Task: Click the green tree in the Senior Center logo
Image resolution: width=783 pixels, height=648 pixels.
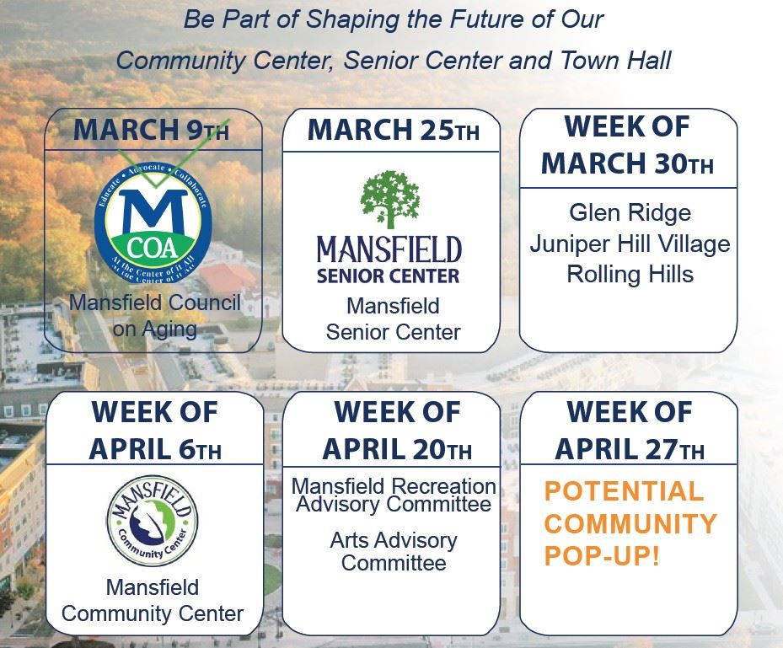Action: click(389, 199)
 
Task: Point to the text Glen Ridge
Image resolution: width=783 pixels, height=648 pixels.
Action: click(630, 212)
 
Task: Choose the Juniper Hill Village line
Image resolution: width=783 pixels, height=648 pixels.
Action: click(630, 244)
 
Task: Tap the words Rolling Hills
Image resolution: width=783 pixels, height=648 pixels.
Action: click(630, 275)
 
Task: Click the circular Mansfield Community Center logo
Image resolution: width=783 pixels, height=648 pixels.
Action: click(153, 523)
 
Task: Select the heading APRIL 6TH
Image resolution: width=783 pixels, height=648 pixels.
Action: click(154, 447)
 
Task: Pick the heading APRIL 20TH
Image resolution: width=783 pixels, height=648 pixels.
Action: click(397, 447)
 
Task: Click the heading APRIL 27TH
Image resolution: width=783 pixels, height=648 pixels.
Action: click(630, 447)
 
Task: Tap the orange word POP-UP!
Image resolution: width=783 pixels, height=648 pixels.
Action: click(602, 557)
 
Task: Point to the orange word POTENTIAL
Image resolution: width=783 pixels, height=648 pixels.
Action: click(624, 491)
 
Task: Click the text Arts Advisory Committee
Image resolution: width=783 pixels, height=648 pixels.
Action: click(394, 550)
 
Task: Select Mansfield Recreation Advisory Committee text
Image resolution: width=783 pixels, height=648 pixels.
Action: click(394, 495)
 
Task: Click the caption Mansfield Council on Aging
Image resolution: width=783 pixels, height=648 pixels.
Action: click(154, 315)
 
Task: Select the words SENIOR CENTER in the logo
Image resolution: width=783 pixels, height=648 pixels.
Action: click(389, 276)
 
